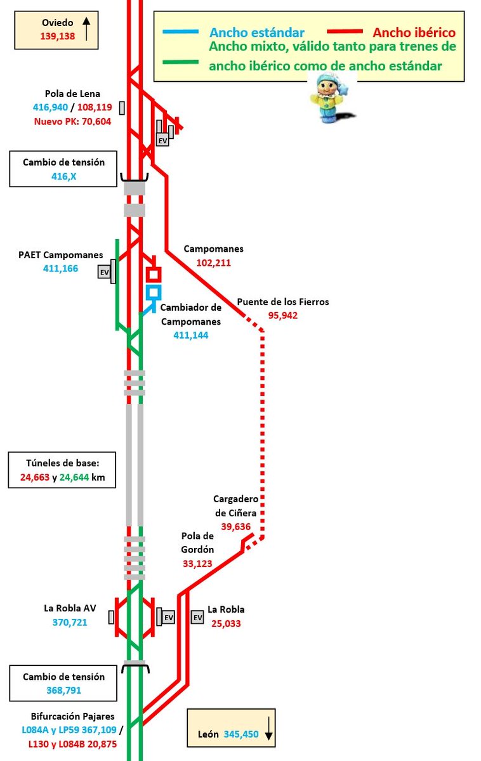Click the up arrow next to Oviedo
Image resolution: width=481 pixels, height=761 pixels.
[x=87, y=29]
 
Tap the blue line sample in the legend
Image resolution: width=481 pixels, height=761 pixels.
[x=181, y=32]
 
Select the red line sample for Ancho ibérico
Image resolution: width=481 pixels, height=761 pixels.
[x=344, y=32]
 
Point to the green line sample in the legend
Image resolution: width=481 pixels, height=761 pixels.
[x=181, y=62]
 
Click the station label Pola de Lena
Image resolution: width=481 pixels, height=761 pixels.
[x=73, y=94]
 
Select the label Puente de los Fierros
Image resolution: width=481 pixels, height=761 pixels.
[x=283, y=302]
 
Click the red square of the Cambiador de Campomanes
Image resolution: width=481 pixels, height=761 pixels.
[x=154, y=275]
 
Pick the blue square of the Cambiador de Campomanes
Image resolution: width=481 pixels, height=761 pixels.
[x=153, y=292]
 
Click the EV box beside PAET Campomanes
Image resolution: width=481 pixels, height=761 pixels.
[x=104, y=272]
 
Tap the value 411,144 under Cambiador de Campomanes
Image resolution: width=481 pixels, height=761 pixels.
[x=191, y=334]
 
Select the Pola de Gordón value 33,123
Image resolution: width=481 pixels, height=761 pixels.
[x=197, y=563]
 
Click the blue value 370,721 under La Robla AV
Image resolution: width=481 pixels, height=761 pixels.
[x=70, y=622]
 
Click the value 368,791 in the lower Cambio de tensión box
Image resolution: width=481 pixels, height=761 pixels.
[x=64, y=690]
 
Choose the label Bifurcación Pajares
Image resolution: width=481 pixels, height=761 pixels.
[x=72, y=717]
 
